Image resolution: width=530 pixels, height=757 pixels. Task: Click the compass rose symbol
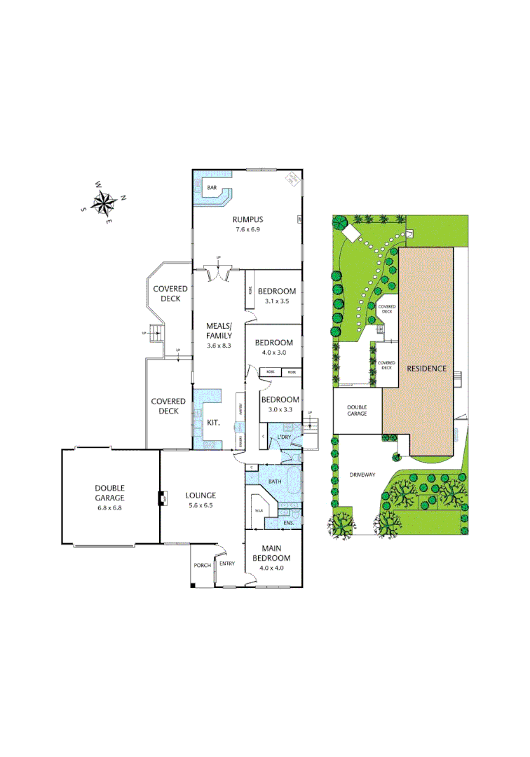(x=104, y=202)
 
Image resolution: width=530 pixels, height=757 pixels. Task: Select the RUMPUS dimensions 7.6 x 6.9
(x=247, y=230)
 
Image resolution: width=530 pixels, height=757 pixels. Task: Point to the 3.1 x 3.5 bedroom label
(x=277, y=301)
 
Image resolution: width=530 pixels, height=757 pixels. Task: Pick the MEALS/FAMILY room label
(x=219, y=330)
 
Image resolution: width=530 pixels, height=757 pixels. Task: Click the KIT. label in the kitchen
(x=215, y=423)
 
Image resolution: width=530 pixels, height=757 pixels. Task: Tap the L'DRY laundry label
(x=284, y=437)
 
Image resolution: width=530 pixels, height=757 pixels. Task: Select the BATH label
(x=275, y=482)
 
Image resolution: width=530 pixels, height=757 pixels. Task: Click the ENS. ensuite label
(x=288, y=524)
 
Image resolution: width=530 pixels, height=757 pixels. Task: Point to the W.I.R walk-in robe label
(x=258, y=510)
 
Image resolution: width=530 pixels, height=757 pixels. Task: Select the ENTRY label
(x=227, y=564)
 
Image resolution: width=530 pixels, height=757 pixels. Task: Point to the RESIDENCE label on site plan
(x=422, y=368)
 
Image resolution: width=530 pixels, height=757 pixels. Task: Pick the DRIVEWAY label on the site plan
(x=362, y=475)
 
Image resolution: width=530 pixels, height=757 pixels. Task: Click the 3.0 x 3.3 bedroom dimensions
(x=280, y=409)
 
